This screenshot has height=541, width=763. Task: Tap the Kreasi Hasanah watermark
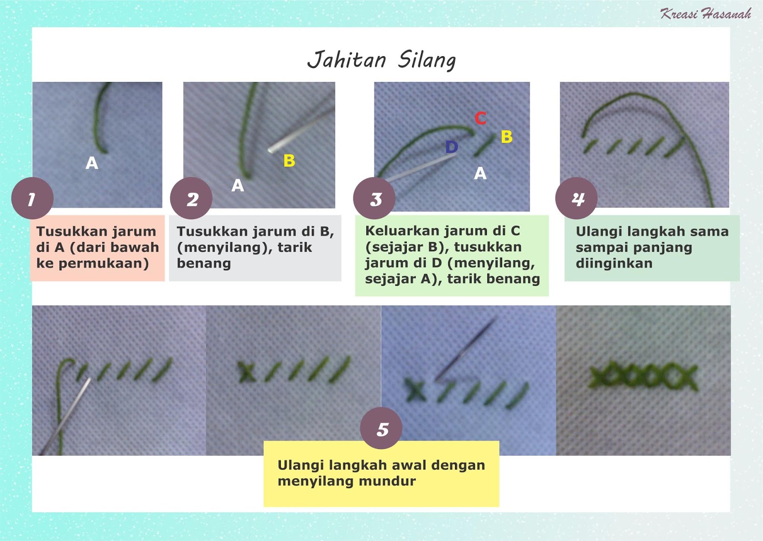(705, 14)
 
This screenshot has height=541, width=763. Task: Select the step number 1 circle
(32, 199)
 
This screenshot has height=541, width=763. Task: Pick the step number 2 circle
(191, 199)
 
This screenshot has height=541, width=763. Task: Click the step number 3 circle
(374, 199)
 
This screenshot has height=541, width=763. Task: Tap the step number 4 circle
(577, 199)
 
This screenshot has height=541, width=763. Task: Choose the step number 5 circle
(381, 429)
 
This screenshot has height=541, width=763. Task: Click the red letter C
(480, 118)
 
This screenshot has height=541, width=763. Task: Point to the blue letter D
(451, 147)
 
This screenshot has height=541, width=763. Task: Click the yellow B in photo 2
(289, 161)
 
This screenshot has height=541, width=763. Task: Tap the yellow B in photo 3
(506, 137)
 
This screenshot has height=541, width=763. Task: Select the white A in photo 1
(92, 163)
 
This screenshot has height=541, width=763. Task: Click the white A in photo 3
(480, 174)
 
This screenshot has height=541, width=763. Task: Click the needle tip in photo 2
(270, 150)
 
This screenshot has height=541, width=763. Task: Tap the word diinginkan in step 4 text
(614, 264)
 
